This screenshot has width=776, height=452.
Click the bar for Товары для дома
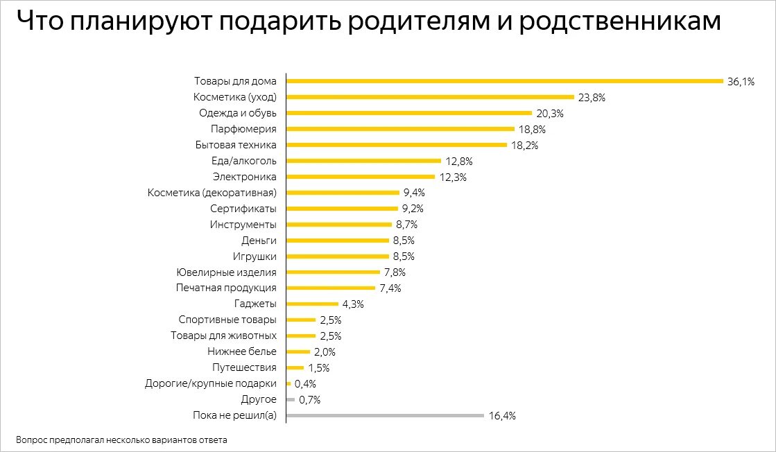pos(505,81)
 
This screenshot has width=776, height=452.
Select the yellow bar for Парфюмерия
pos(400,129)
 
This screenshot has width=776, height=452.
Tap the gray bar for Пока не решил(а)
pos(385,416)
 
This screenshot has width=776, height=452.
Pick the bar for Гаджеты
pos(312,304)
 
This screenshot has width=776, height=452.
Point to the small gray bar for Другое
pos(290,400)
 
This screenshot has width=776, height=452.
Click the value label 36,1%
pos(741,82)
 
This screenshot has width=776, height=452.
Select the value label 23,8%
pos(592,98)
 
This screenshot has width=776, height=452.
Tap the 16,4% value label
pos(501,416)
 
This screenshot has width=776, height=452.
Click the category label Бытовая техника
pos(236,145)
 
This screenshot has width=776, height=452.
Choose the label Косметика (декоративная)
pos(212,193)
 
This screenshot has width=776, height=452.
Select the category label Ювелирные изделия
pos(227,272)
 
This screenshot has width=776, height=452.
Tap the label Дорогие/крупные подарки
pos(211,384)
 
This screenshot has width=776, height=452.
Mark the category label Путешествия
pos(244,368)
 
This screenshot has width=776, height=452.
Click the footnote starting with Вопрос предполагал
pos(121,440)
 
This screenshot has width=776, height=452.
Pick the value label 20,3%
pos(549,114)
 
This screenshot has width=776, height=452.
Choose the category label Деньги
pos(259,241)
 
